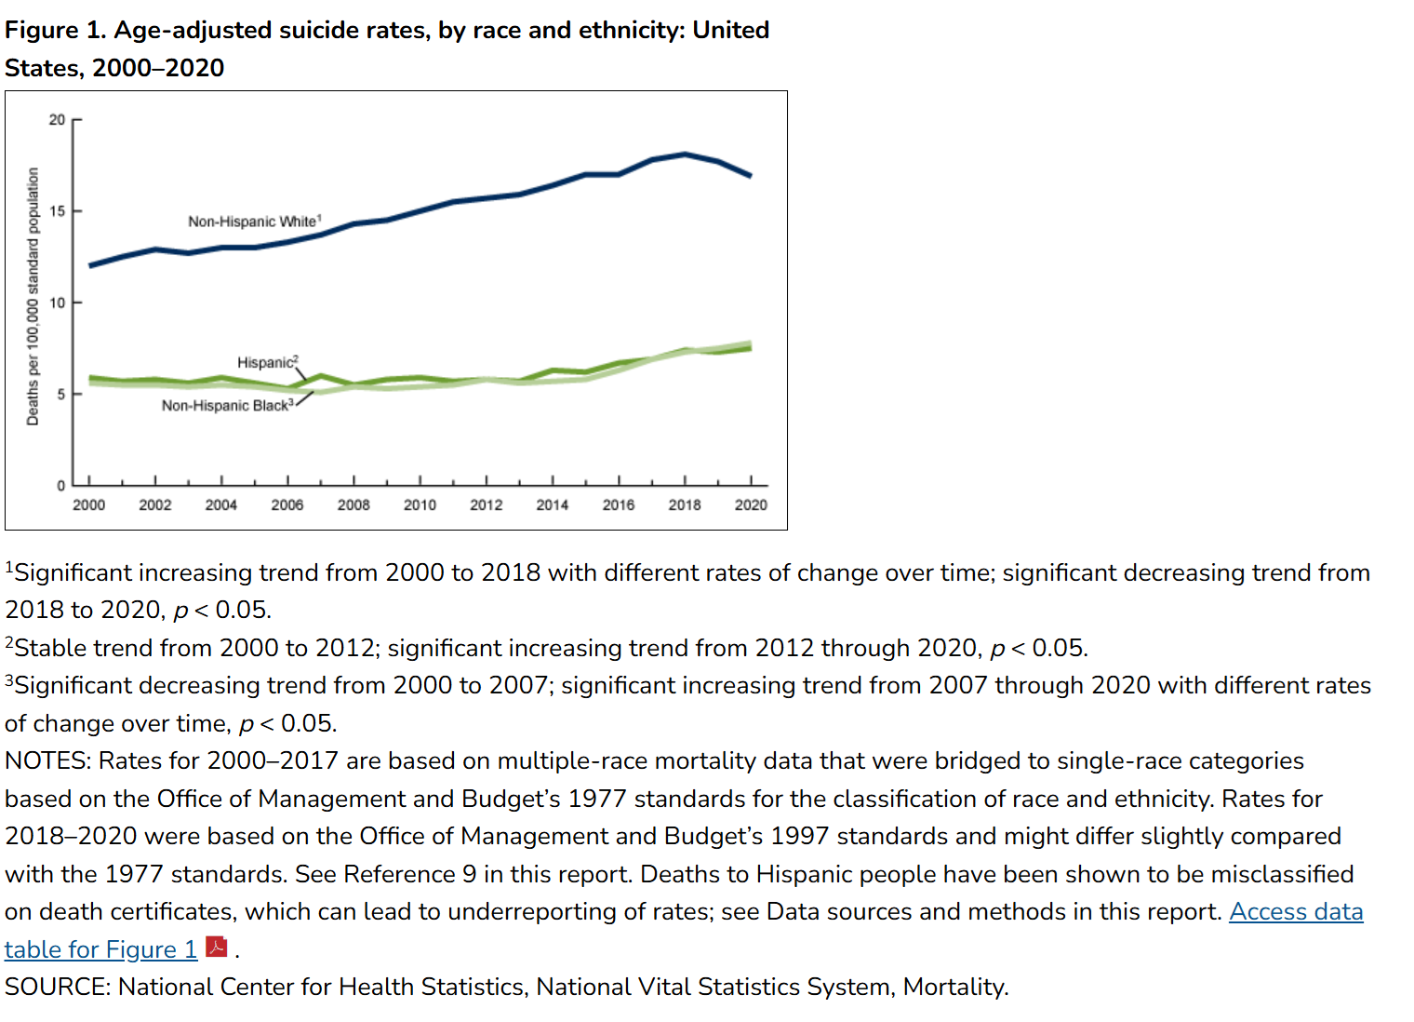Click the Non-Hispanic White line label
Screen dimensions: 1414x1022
coord(254,222)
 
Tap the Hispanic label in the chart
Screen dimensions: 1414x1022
coord(267,362)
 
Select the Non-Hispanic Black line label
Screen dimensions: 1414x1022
coord(227,405)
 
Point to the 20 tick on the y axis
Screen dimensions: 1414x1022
coord(57,119)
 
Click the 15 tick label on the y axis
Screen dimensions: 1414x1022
coord(57,211)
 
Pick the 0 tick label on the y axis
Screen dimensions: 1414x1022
coord(60,486)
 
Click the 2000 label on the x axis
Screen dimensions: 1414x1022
coord(89,504)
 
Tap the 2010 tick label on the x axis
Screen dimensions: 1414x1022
coord(420,504)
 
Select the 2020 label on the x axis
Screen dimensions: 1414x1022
coord(751,504)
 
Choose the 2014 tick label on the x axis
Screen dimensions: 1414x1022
coord(553,504)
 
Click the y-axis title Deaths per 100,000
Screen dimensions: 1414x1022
coord(33,296)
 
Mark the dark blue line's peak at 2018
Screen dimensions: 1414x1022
coord(685,155)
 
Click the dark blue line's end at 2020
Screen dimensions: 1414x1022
coord(751,176)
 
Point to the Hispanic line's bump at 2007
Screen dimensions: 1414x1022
coord(321,376)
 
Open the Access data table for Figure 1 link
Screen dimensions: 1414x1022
coord(684,931)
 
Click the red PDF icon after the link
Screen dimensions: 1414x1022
coord(217,947)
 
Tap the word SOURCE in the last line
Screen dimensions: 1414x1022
coord(57,987)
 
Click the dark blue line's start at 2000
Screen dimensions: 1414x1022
coord(90,265)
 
